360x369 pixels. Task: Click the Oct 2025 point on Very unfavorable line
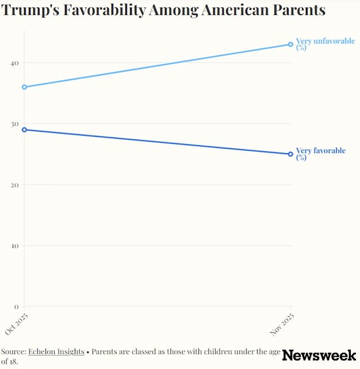(24, 87)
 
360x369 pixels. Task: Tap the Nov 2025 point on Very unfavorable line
(291, 44)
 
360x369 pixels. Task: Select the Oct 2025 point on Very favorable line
(24, 130)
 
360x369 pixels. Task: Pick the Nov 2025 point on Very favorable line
(291, 154)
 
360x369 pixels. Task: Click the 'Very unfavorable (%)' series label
(325, 44)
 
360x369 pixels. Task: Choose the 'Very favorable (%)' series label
(320, 154)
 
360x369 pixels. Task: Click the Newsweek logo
(319, 355)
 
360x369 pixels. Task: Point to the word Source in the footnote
(13, 351)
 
